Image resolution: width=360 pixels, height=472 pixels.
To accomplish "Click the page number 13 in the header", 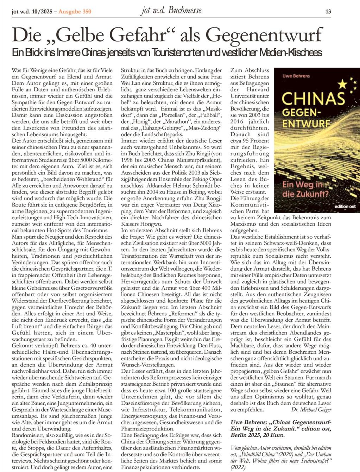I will click(x=328, y=11).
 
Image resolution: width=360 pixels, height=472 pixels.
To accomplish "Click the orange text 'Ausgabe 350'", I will click(x=75, y=11).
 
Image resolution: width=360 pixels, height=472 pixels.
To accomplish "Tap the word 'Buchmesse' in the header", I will click(x=185, y=10).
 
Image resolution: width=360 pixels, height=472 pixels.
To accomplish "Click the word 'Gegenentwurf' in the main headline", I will click(x=264, y=36).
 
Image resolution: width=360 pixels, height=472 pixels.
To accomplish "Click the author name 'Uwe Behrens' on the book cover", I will click(x=295, y=76).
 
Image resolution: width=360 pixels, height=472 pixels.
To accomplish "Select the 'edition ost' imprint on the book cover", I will click(x=346, y=206).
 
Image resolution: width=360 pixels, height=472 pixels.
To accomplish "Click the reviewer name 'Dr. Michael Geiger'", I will click(x=311, y=410).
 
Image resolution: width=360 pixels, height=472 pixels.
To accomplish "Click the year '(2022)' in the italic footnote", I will click(x=239, y=467).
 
